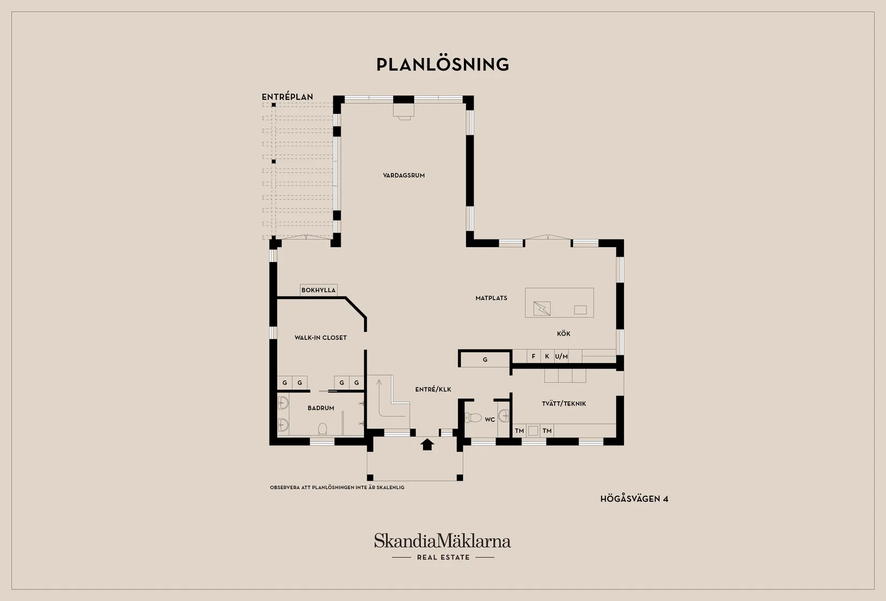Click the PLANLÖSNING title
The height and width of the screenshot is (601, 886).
pyautogui.click(x=442, y=64)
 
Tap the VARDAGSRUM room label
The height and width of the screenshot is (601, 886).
pyautogui.click(x=404, y=175)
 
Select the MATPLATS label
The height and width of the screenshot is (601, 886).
pyautogui.click(x=491, y=298)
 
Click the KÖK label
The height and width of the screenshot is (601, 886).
pyautogui.click(x=564, y=334)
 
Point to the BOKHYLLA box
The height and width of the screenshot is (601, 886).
pyautogui.click(x=318, y=290)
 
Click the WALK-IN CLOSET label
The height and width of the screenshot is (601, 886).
pyautogui.click(x=321, y=337)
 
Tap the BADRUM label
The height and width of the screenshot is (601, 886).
pyautogui.click(x=321, y=408)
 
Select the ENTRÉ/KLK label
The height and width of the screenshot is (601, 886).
pyautogui.click(x=433, y=389)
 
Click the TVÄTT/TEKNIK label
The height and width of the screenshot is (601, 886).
pyautogui.click(x=564, y=403)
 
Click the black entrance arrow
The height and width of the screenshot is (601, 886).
pyautogui.click(x=427, y=444)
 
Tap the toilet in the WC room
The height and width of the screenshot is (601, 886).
pyautogui.click(x=473, y=417)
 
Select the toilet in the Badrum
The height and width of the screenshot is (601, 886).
pyautogui.click(x=323, y=429)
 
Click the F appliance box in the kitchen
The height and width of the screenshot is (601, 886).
pyautogui.click(x=534, y=356)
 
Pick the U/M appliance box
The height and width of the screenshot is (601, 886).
pyautogui.click(x=561, y=356)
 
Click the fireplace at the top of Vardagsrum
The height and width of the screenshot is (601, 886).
pyautogui.click(x=404, y=111)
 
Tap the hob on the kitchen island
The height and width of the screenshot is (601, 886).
pyautogui.click(x=542, y=308)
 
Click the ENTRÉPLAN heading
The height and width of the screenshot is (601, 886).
pyautogui.click(x=287, y=97)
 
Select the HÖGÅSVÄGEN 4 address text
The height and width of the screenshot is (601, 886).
pyautogui.click(x=634, y=499)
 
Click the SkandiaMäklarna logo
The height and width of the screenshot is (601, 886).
pyautogui.click(x=442, y=546)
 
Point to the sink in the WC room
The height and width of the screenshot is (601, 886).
pyautogui.click(x=503, y=416)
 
